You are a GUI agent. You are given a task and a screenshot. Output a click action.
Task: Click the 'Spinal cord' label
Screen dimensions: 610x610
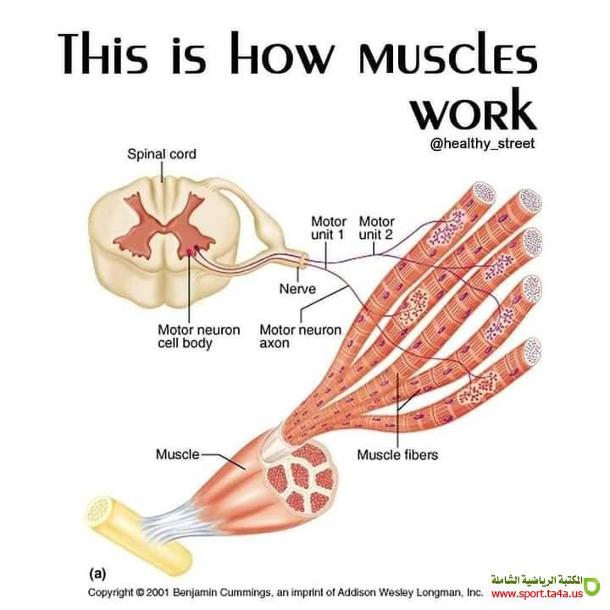pyautogui.click(x=161, y=154)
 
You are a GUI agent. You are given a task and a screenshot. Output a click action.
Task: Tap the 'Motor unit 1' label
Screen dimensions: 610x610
pyautogui.click(x=328, y=227)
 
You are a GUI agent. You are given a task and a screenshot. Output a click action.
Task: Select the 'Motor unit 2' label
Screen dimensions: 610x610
pyautogui.click(x=376, y=227)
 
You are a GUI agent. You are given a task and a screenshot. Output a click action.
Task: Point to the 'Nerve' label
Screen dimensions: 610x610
pyautogui.click(x=297, y=289)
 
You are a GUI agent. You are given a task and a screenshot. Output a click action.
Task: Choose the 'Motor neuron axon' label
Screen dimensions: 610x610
pyautogui.click(x=300, y=336)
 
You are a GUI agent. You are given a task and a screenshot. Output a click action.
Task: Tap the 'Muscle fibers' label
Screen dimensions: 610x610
pyautogui.click(x=397, y=455)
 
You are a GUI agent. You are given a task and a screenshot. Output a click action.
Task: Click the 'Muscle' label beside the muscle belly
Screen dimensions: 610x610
pyautogui.click(x=177, y=454)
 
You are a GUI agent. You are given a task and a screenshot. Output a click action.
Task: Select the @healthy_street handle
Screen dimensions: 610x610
pyautogui.click(x=482, y=144)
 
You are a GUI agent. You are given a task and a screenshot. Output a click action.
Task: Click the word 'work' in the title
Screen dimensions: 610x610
pyautogui.click(x=479, y=110)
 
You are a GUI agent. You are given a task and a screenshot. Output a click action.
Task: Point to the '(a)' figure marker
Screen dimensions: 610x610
pyautogui.click(x=99, y=574)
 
